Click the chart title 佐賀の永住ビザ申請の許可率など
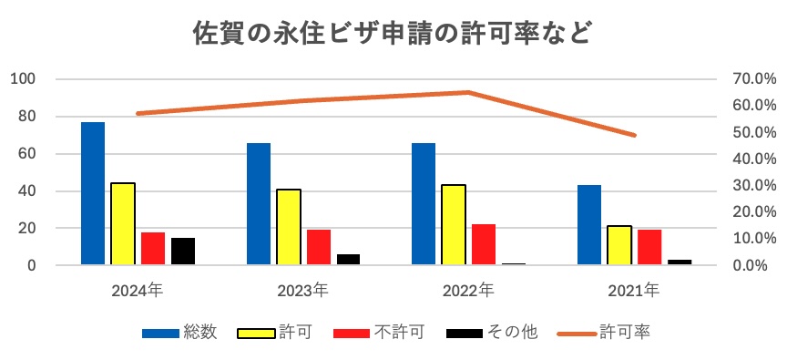pos(393,34)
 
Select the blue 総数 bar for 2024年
pos(93,193)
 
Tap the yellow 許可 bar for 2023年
pos(289,227)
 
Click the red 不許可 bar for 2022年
pos(484,244)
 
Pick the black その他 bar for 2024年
pos(183,252)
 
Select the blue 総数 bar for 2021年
pos(589,225)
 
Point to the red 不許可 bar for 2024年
pos(153,249)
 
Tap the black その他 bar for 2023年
pos(349,260)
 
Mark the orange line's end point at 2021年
pos(634,135)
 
